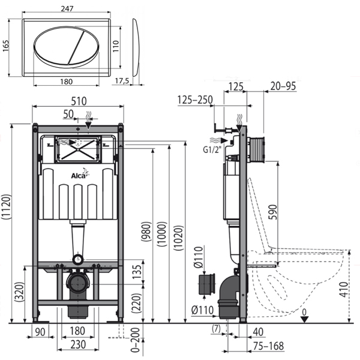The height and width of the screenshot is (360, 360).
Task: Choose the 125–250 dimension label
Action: [x=195, y=100]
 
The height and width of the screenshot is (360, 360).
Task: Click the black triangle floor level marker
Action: [x=305, y=319]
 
